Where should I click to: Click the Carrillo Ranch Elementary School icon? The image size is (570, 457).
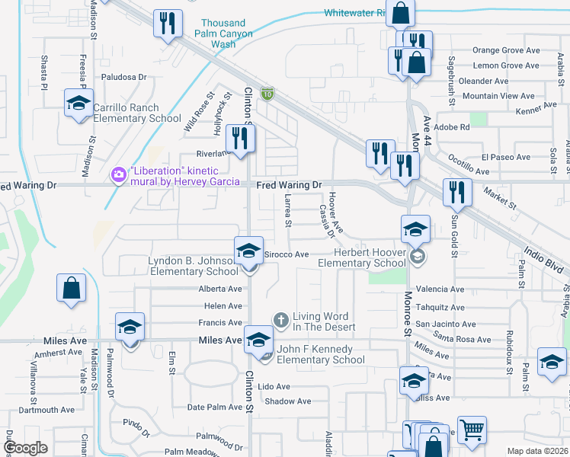(77, 104)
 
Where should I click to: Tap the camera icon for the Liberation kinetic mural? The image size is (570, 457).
(118, 176)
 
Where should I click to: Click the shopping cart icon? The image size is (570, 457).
(472, 429)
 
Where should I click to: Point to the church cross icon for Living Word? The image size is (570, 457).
(281, 320)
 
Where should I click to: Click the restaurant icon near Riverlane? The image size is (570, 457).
(241, 139)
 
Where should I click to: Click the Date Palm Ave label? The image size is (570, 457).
(214, 407)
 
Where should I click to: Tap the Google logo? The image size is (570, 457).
(26, 448)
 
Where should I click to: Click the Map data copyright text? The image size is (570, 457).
(537, 451)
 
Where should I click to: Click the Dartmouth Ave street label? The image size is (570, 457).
(46, 410)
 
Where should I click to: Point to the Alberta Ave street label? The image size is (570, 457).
(219, 289)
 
